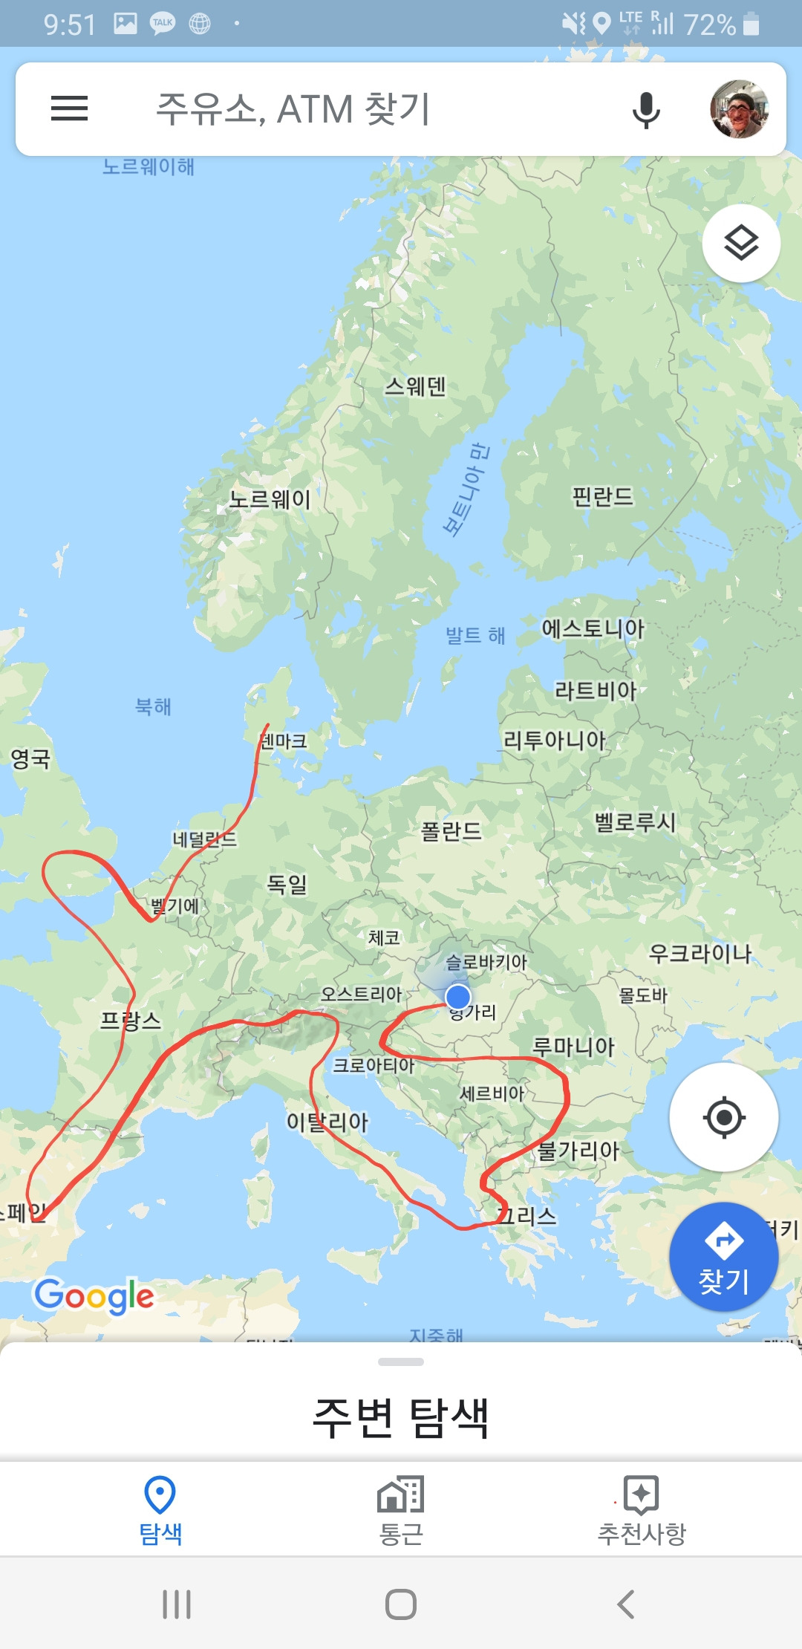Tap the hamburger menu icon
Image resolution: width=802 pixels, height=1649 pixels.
pos(69,108)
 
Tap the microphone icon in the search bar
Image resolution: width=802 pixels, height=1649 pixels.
pos(646,110)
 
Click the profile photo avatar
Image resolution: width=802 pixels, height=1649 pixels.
pos(739,109)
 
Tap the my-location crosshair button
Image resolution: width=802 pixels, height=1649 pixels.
pos(724,1117)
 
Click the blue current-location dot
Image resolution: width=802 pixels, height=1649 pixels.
pos(458,996)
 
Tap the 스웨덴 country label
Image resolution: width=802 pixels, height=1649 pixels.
pos(415,386)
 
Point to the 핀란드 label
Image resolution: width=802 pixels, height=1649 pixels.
pos(602,496)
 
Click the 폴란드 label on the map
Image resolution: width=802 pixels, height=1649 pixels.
pos(451,830)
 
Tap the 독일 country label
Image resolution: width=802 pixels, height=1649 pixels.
pos(287,884)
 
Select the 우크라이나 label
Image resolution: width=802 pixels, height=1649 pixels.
pos(700,953)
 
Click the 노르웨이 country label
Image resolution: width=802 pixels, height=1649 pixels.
pos(270,499)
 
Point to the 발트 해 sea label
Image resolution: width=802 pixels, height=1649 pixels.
pos(475,635)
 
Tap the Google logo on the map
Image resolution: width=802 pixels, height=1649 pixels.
pos(94,1295)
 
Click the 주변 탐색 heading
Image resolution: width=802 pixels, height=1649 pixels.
pos(401,1417)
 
